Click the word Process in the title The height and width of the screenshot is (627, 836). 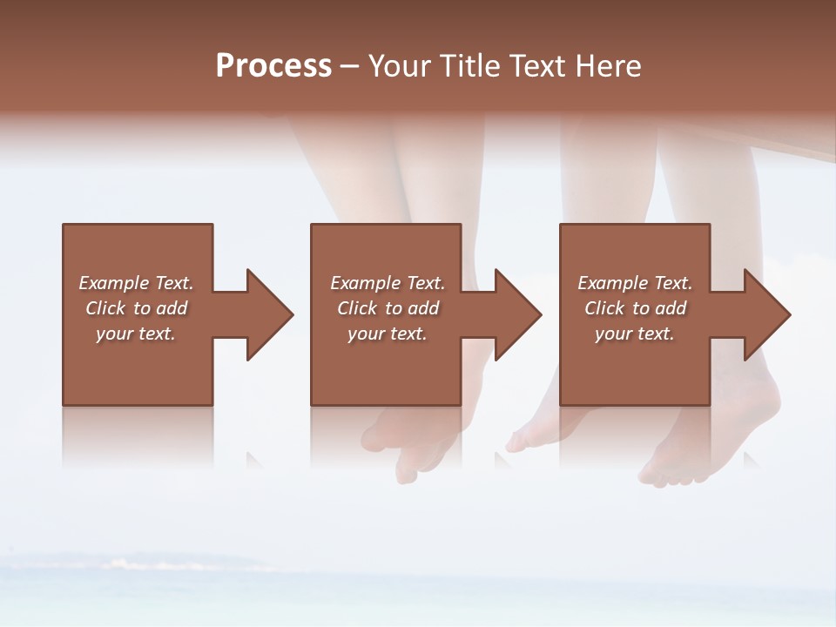(x=273, y=66)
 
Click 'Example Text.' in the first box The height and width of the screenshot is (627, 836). (x=136, y=283)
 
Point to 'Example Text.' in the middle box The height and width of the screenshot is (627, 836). (x=387, y=283)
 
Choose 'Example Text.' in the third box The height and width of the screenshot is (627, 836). (x=635, y=283)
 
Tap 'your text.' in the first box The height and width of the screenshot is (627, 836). (x=136, y=334)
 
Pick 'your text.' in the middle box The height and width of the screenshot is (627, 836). (x=387, y=334)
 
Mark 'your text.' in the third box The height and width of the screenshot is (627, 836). (x=635, y=334)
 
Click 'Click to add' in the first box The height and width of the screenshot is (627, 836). (x=136, y=308)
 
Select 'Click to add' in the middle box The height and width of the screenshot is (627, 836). (x=387, y=308)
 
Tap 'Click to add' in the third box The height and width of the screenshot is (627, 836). (x=635, y=308)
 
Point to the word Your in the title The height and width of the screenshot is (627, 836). (x=400, y=66)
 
